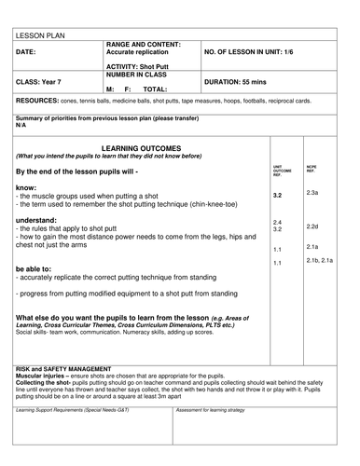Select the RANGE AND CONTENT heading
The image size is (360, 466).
[x=144, y=45]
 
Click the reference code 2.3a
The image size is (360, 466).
[x=312, y=192]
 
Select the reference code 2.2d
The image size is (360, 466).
[x=312, y=226]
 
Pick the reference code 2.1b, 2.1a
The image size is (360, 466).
[x=320, y=260]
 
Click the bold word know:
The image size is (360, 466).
[x=27, y=187]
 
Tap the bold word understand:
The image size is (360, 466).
[x=38, y=220]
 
